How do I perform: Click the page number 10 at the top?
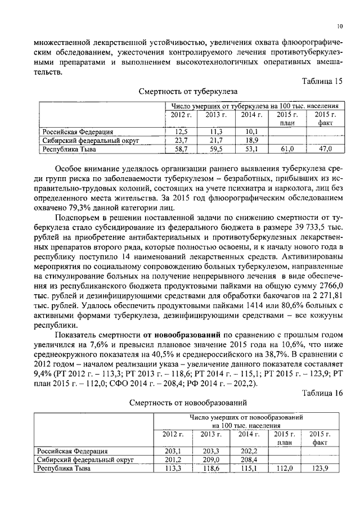tap(340, 26)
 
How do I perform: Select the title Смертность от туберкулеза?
tap(188, 91)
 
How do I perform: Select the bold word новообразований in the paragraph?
tap(191, 336)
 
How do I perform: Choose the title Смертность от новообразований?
tap(188, 403)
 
